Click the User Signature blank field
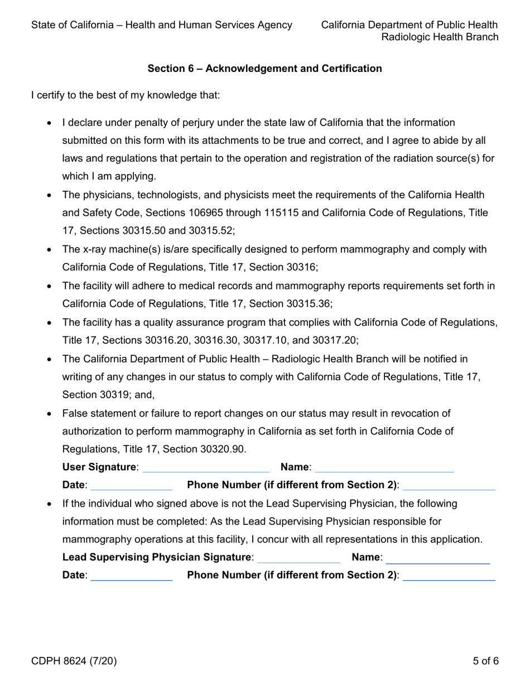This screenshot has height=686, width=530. click(x=206, y=467)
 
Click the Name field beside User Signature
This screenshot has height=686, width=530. click(x=384, y=467)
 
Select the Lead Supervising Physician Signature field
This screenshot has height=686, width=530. click(x=298, y=557)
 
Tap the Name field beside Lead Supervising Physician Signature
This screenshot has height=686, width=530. click(x=437, y=557)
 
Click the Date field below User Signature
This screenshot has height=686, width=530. click(x=131, y=485)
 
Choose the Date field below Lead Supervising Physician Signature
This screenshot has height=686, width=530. click(x=131, y=575)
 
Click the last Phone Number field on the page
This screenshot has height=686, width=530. click(x=449, y=575)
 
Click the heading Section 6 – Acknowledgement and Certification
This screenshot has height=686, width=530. click(x=264, y=69)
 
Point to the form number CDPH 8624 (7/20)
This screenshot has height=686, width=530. click(x=74, y=661)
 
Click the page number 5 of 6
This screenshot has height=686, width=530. click(x=485, y=661)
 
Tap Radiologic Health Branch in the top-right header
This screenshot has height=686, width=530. click(x=440, y=37)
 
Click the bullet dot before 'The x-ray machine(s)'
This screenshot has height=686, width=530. click(x=50, y=250)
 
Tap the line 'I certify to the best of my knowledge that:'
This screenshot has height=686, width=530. click(x=126, y=95)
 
